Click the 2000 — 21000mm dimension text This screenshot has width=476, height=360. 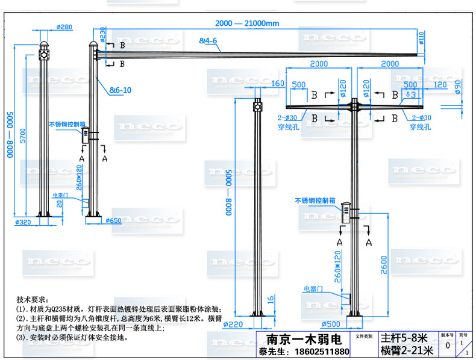(x=247, y=23)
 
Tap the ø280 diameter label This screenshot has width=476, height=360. (x=64, y=27)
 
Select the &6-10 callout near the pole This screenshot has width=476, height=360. (x=120, y=90)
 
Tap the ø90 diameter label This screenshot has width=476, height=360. (x=458, y=90)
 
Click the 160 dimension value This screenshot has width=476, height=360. (x=278, y=84)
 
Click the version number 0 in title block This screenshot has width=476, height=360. (x=446, y=346)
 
